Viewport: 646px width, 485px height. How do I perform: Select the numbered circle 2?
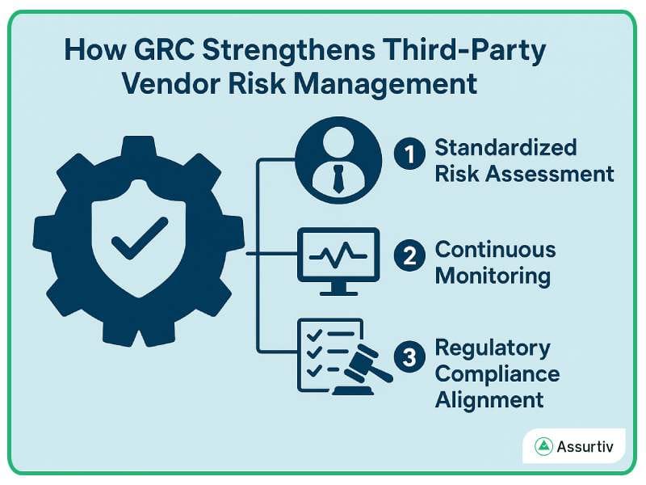(x=409, y=256)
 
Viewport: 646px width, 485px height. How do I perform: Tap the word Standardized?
(x=505, y=148)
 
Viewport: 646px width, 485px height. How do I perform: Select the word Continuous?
(x=495, y=248)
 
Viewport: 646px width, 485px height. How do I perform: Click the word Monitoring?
(x=493, y=275)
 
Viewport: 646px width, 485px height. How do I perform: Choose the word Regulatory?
(x=493, y=348)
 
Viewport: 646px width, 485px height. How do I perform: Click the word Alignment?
(x=489, y=399)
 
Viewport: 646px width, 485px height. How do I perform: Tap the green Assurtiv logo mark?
(x=543, y=446)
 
